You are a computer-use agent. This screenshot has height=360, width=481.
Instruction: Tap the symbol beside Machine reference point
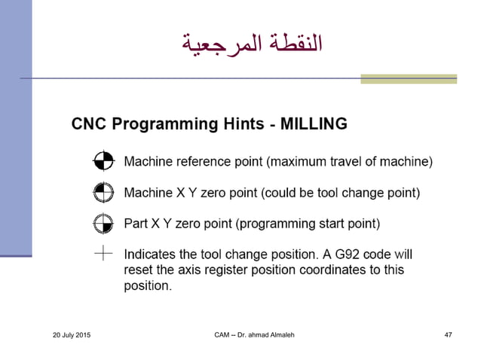tap(103, 160)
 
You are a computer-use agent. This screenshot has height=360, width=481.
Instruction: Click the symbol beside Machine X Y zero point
tap(103, 192)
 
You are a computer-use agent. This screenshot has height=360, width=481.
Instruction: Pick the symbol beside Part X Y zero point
tap(103, 224)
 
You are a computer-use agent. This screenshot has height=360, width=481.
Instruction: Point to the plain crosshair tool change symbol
tap(103, 254)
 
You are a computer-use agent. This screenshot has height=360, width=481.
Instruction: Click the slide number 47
tap(448, 334)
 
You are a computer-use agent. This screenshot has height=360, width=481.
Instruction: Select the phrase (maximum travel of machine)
tap(351, 160)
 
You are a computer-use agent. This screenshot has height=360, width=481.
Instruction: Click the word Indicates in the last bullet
tap(151, 255)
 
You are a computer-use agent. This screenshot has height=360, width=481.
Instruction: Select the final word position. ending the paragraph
tap(149, 285)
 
